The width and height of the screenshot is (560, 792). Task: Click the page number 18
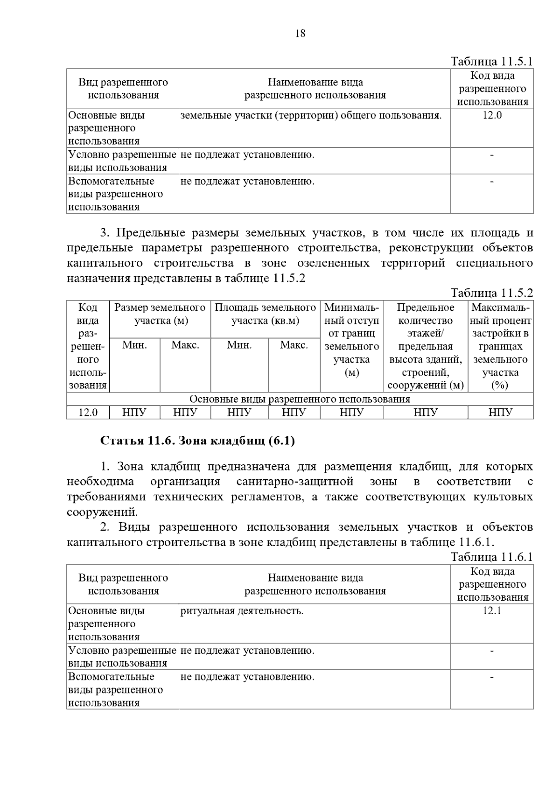coord(300,34)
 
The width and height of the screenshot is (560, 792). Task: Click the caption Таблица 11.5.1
coord(491,62)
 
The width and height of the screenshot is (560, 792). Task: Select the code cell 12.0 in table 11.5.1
coord(492,115)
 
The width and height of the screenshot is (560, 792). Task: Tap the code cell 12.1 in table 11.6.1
coord(492,611)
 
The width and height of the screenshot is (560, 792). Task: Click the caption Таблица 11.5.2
coord(491,293)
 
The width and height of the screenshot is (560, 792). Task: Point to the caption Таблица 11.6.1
coord(491,557)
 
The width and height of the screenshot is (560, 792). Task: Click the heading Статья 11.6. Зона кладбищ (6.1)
coord(198,441)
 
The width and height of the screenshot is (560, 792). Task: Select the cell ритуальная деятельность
coord(242,611)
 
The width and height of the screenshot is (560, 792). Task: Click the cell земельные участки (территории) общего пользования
coord(311,115)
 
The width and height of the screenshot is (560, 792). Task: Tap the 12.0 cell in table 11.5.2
coord(88,413)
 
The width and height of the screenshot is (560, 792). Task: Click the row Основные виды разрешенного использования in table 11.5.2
coord(300,399)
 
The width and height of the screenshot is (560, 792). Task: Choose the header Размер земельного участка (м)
coord(160,314)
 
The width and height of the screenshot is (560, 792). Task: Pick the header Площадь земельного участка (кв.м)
coord(265,314)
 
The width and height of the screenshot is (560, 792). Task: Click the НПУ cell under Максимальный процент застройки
coord(500,413)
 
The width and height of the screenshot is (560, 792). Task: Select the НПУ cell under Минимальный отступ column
coord(351,413)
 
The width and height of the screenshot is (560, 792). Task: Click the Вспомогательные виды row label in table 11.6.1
coord(115,690)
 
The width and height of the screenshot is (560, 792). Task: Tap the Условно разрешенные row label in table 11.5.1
coord(122,161)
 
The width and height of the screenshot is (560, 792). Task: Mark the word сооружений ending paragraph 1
coord(101,512)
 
